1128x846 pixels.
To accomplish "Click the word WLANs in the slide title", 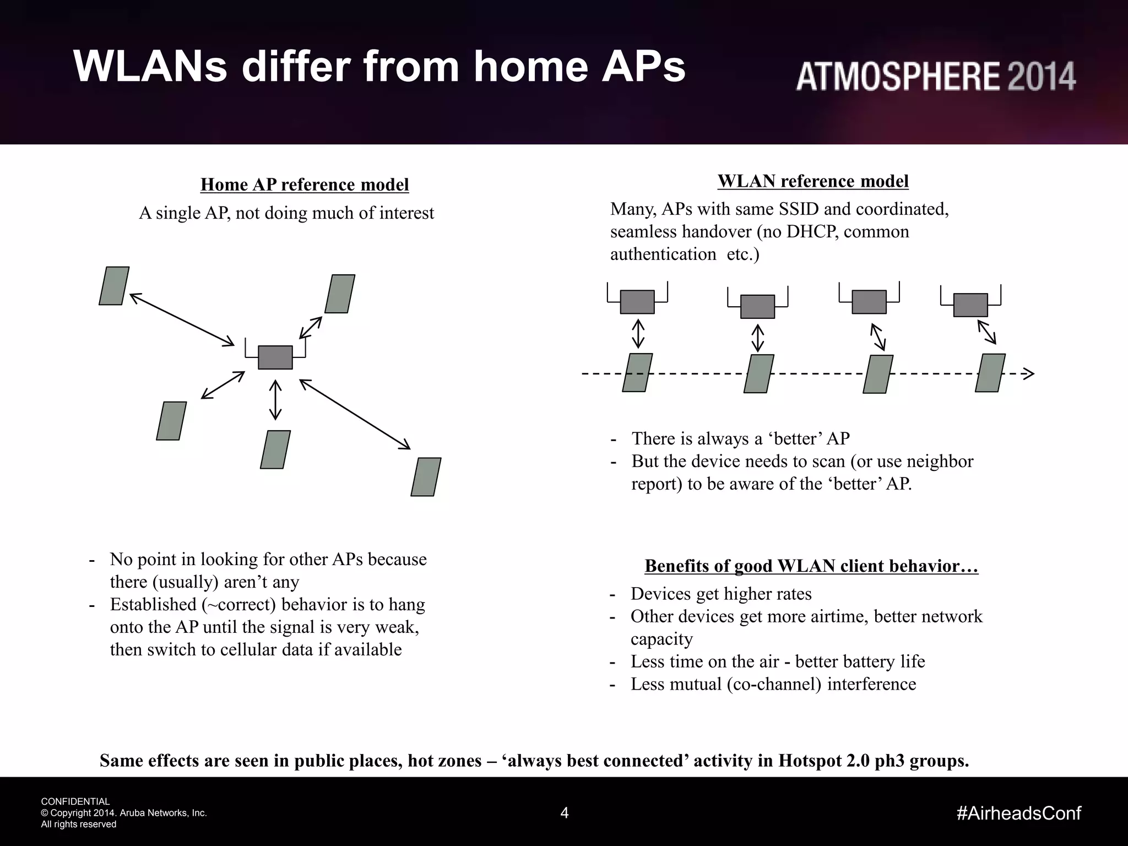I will coord(150,67).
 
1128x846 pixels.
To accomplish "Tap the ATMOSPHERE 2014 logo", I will coord(935,77).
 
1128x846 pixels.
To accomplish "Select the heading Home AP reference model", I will coord(305,185).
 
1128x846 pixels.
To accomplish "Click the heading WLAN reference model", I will coord(813,181).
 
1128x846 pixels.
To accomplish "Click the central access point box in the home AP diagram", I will coord(275,357).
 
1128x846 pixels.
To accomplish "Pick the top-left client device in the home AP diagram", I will coord(114,286).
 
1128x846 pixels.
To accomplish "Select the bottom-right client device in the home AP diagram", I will coord(426,477).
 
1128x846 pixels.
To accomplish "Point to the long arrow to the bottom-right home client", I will coord(355,412).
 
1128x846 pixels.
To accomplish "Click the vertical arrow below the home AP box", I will coord(275,400).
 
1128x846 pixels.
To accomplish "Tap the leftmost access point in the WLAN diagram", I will coord(637,302).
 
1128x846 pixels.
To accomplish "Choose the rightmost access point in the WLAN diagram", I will coord(970,305).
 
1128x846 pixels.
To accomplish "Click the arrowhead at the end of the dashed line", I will coord(1029,373).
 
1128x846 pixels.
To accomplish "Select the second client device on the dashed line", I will coord(758,373).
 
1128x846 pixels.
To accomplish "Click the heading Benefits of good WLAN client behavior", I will coord(811,566).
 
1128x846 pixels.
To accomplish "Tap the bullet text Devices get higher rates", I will coord(721,594).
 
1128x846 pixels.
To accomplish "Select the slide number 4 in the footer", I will coord(564,813).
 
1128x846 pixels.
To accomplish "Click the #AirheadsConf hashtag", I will coord(1019,813).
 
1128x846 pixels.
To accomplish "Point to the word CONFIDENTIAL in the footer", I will coord(75,801).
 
